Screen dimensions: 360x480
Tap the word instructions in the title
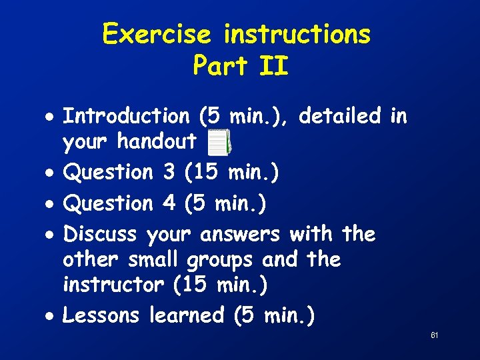coord(297,33)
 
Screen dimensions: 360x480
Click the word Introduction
coord(126,116)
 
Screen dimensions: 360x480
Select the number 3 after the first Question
coord(168,172)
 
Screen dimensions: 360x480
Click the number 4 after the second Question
coord(168,203)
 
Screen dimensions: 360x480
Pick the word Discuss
coord(99,234)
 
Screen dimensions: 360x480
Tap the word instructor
coord(113,285)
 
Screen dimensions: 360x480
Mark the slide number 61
coord(434,335)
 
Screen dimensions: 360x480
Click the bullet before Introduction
coord(51,117)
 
